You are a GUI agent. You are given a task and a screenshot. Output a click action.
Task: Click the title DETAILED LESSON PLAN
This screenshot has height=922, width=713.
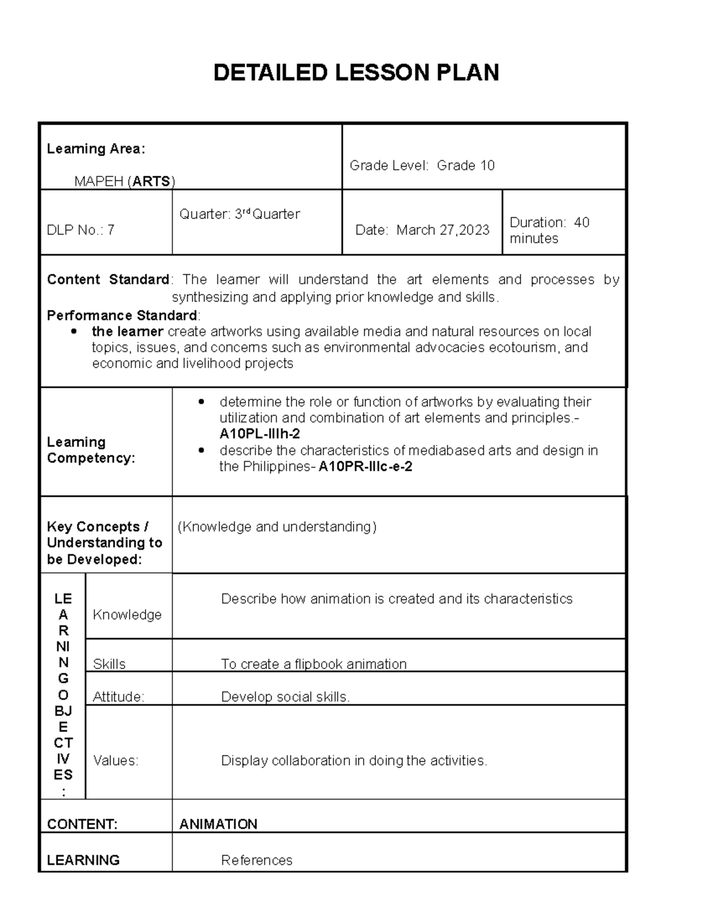[356, 73]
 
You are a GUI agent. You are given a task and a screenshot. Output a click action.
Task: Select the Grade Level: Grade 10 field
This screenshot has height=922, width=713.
[422, 166]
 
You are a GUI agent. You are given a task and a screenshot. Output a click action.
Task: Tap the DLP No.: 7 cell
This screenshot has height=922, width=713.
[81, 230]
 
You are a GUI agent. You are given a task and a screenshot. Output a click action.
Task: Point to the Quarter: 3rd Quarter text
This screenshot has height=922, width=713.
[239, 214]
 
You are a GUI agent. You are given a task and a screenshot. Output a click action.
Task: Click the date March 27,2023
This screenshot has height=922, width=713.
[443, 230]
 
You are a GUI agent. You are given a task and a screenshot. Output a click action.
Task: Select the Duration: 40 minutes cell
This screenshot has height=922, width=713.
[549, 230]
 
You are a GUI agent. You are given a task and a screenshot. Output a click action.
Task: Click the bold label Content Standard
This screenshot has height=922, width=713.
[108, 280]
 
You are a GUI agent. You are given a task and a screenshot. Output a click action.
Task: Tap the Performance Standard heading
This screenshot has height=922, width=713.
[122, 315]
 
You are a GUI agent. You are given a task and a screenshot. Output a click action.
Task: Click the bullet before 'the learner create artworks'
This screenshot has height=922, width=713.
[74, 331]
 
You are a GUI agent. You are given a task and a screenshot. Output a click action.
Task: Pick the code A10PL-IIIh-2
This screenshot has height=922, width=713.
[260, 434]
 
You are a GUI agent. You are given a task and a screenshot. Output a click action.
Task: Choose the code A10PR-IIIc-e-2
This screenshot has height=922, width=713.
[365, 467]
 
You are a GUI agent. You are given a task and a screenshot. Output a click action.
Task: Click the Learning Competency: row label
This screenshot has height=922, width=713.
[90, 450]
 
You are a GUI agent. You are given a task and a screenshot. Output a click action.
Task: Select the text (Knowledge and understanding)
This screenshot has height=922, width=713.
[277, 527]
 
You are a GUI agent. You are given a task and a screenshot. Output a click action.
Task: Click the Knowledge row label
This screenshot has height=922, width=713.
[127, 615]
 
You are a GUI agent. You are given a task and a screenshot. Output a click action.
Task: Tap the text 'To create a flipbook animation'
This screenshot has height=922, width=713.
[314, 664]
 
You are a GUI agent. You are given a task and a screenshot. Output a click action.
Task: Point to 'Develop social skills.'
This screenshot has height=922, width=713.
[285, 697]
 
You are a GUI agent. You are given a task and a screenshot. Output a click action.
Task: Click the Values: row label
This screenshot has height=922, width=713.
[116, 761]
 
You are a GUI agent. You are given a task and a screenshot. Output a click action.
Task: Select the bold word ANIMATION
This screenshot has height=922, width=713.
[218, 824]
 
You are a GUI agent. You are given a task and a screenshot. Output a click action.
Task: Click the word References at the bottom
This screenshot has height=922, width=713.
[257, 860]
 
